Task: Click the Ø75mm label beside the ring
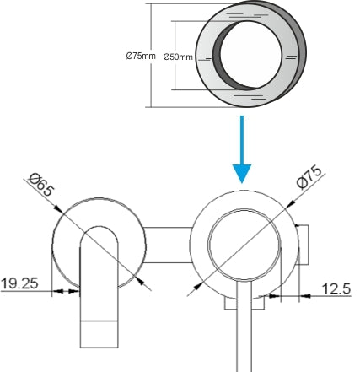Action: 140,57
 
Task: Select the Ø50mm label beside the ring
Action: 177,57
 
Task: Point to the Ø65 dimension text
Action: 41,183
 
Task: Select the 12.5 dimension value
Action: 336,288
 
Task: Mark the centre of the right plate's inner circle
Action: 244,244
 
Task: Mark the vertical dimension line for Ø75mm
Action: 151,57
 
